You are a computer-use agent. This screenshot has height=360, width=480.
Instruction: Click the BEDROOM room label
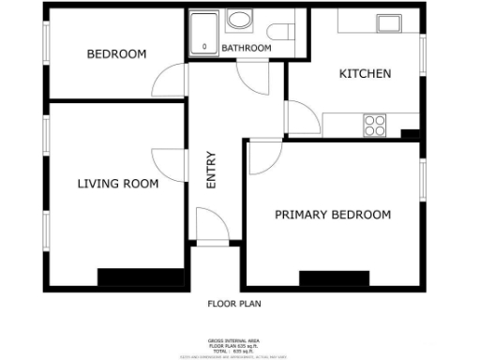point(116,54)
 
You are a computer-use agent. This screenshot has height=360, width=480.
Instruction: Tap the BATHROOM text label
point(247,48)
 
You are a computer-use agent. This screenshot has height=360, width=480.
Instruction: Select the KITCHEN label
point(365,74)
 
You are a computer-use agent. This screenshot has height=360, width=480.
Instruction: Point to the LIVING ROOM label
point(117,184)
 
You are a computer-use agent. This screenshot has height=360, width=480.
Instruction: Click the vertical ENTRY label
point(211,172)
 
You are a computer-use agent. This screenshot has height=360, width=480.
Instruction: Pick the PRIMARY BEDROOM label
point(332,215)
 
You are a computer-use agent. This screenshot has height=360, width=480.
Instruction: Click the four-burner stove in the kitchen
point(375,125)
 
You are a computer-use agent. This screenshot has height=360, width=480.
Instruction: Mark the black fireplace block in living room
point(142,277)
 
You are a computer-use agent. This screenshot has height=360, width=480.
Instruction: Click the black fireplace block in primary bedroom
point(334,278)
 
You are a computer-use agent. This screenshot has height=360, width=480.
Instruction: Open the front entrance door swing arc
point(212,225)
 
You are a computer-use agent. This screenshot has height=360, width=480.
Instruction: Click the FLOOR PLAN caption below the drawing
point(233,304)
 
